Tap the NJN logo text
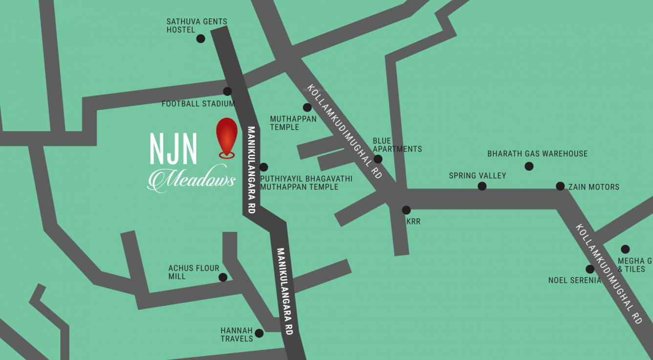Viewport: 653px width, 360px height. click(x=173, y=149)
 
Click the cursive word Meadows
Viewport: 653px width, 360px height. click(x=192, y=180)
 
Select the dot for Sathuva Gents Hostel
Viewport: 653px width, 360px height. click(x=200, y=39)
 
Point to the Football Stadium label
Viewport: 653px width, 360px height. click(x=198, y=104)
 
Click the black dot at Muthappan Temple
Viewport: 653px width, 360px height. click(x=307, y=108)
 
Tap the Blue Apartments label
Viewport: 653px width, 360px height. click(x=397, y=145)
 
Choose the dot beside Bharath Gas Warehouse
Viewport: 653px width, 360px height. click(x=529, y=166)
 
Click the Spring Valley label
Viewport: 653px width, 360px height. click(x=477, y=175)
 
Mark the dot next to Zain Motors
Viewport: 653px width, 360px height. click(x=560, y=186)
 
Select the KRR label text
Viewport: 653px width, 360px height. click(x=413, y=222)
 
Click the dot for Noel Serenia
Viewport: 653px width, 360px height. click(x=590, y=269)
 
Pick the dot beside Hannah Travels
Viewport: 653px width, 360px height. click(x=259, y=334)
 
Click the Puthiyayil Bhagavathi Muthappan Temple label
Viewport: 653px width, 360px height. click(x=306, y=182)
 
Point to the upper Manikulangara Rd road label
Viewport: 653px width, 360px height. click(x=251, y=169)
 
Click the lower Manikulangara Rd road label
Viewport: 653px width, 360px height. click(x=285, y=291)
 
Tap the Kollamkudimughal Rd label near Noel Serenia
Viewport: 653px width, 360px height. click(x=609, y=274)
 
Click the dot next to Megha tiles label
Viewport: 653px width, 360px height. click(x=625, y=249)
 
